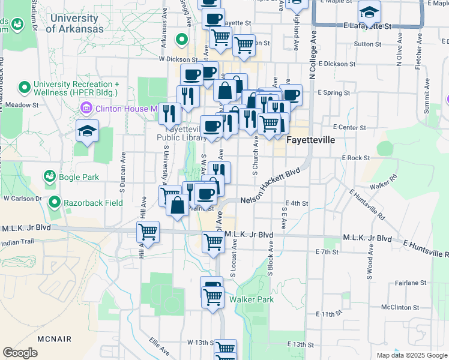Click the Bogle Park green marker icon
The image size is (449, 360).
pyautogui.click(x=50, y=176)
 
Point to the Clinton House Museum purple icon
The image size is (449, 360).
pyautogui.click(x=86, y=109)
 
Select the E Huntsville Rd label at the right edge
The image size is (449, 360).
pyautogui.click(x=426, y=250)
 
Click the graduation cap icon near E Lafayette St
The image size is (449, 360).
pyautogui.click(x=369, y=12)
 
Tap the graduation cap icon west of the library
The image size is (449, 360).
pyautogui.click(x=87, y=131)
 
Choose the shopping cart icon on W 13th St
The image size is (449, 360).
pyautogui.click(x=225, y=349)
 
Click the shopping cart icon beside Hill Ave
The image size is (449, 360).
pyautogui.click(x=148, y=231)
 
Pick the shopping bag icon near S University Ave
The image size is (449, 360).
pyautogui.click(x=178, y=205)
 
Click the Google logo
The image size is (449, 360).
pyautogui.click(x=20, y=353)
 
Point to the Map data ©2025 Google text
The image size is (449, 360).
pyautogui.click(x=412, y=355)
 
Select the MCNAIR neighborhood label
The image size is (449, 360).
pyautogui.click(x=55, y=339)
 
